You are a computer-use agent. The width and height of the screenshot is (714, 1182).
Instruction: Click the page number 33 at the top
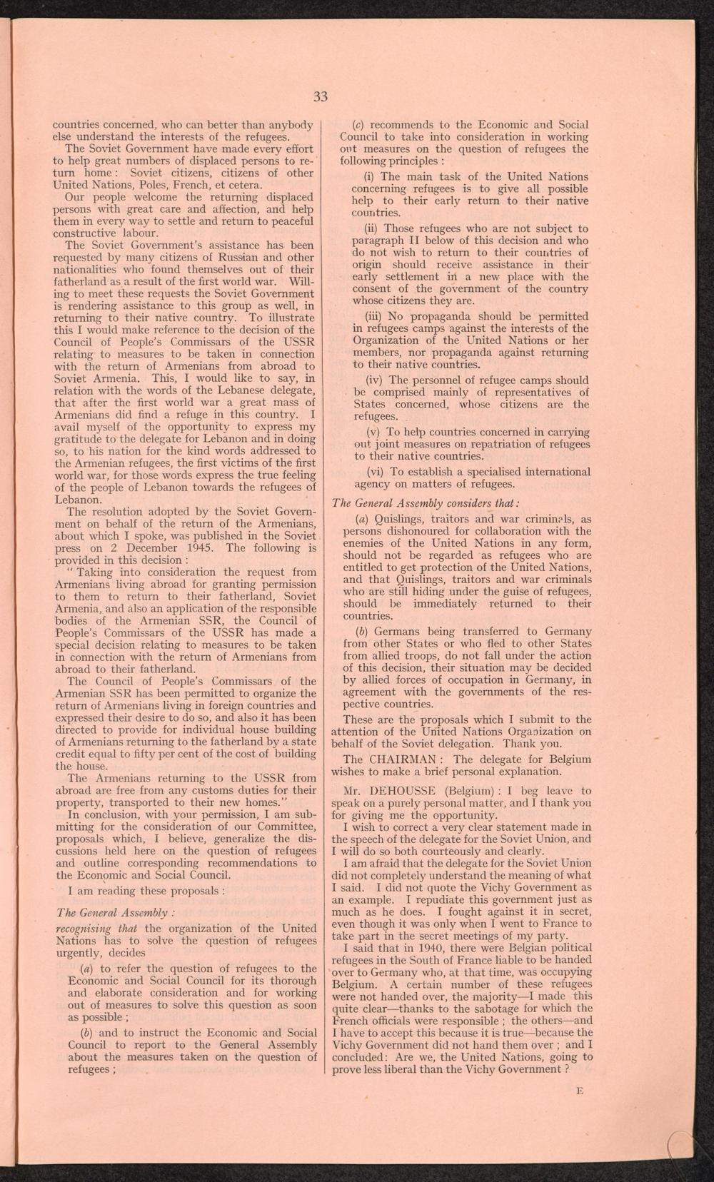pyautogui.click(x=321, y=97)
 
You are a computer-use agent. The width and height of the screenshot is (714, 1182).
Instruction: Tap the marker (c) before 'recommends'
pyautogui.click(x=361, y=124)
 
